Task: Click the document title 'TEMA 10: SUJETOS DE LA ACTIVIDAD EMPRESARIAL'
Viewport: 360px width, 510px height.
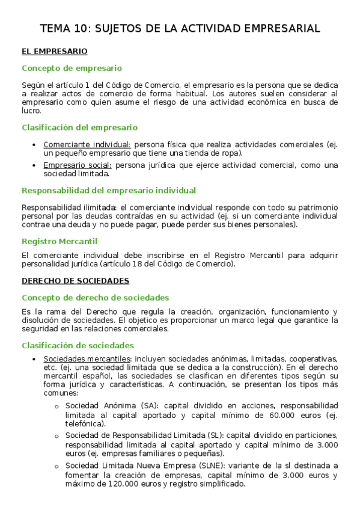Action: [x=180, y=28]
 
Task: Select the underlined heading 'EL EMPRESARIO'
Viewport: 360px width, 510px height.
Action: [x=54, y=52]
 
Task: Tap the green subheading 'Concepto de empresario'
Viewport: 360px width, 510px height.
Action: [x=72, y=69]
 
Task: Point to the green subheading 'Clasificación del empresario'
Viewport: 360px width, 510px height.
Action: [x=79, y=127]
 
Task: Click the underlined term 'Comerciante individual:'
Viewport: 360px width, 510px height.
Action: [x=87, y=144]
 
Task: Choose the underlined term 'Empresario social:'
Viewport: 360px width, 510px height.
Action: [x=78, y=165]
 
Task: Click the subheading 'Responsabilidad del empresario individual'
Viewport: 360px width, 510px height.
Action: [x=109, y=191]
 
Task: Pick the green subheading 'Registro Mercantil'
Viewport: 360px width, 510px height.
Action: [x=59, y=241]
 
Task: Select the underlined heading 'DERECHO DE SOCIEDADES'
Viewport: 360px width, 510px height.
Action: [x=75, y=281]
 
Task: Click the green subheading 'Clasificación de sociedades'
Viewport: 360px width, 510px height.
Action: [x=78, y=345]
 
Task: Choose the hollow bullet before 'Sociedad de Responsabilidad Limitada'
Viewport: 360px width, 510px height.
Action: [x=56, y=436]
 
